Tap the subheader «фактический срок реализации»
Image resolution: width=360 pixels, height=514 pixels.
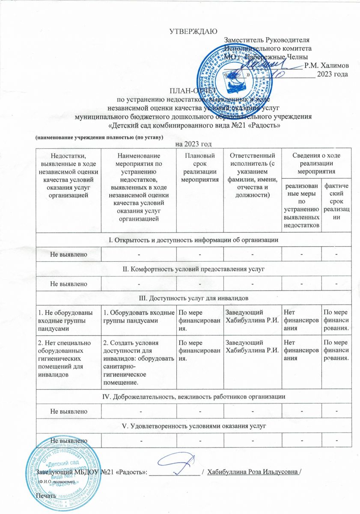pos(336,201)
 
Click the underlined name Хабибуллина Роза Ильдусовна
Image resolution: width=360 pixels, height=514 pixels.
pos(253,472)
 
